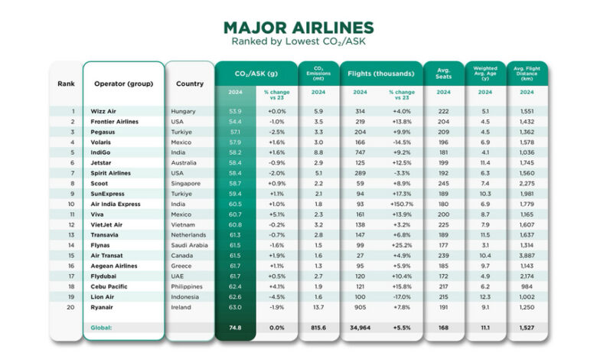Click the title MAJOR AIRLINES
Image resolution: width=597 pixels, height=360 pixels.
298,28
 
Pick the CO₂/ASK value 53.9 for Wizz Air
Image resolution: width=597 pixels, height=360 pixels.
235,111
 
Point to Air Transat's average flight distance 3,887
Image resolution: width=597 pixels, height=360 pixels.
527,255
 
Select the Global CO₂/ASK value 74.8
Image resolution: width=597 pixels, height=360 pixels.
235,328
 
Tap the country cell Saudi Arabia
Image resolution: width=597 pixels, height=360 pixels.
190,245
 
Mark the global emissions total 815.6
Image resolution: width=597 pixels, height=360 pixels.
318,328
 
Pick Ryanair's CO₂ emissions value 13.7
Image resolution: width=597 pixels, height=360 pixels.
318,306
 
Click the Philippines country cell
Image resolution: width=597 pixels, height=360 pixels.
188,286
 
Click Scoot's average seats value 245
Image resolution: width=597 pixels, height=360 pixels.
443,183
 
